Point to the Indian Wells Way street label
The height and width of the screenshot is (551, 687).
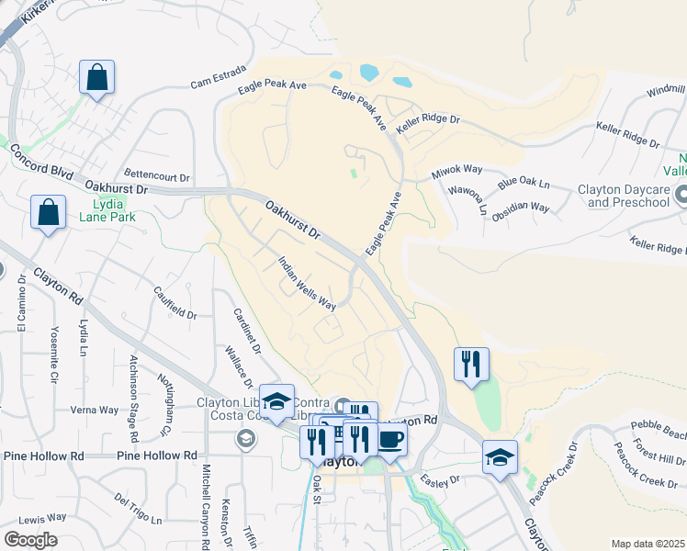tap(307, 284)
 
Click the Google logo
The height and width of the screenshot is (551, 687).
tap(30, 540)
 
